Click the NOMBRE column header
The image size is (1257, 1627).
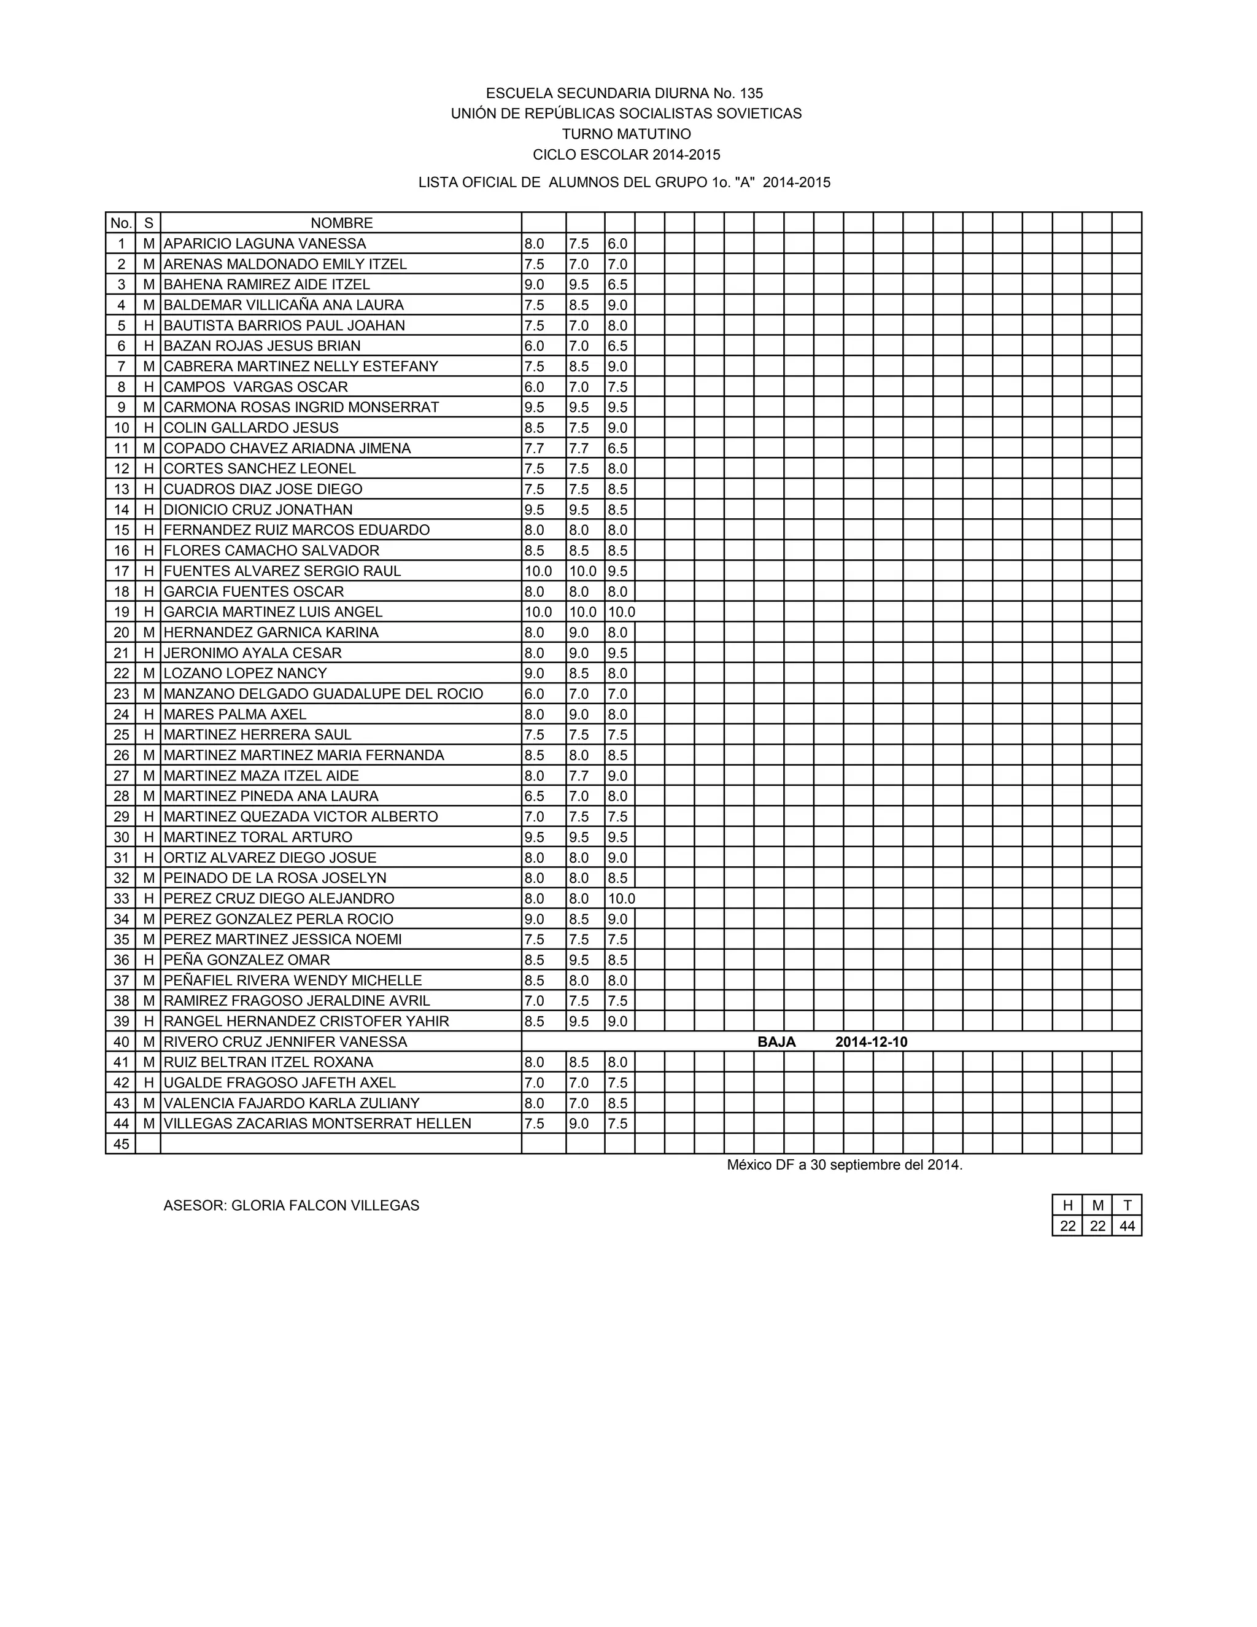341,223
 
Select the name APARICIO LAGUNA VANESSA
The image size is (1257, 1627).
265,244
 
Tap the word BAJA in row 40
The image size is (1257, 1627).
776,1041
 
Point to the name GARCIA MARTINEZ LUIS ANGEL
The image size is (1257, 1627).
273,612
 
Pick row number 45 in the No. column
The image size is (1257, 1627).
121,1144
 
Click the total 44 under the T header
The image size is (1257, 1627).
1127,1226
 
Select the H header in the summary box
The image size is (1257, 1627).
1067,1205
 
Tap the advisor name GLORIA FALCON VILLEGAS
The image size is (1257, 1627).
325,1205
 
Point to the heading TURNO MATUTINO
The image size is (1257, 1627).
626,134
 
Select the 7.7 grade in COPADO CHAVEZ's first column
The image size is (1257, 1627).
534,448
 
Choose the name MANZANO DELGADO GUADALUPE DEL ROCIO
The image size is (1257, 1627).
323,694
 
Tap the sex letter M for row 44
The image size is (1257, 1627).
149,1124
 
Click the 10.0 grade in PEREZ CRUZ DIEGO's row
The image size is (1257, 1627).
621,898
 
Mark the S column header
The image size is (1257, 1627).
149,223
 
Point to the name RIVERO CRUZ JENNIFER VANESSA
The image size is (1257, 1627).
285,1041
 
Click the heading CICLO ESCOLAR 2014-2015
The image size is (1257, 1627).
626,155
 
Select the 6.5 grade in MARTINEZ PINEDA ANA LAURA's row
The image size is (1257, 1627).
534,796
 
